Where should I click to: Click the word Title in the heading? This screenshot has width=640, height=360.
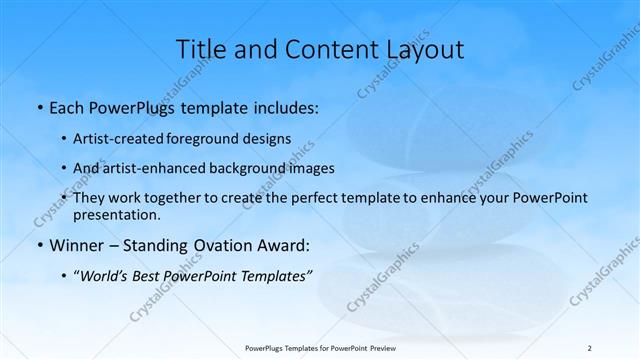tap(200, 49)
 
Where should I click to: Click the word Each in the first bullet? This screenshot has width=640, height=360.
tap(67, 107)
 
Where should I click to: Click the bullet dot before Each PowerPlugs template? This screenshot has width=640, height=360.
tap(38, 108)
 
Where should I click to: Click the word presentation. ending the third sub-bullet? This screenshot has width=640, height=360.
tap(116, 214)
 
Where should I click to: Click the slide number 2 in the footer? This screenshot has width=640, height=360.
tap(589, 348)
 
